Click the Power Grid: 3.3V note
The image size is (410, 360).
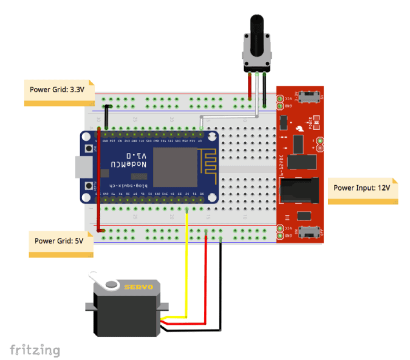[57, 90]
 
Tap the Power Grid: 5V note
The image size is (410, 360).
[60, 242]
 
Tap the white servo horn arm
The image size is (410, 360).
[102, 279]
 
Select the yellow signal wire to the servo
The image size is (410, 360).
[187, 264]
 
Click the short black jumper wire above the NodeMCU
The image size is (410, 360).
[107, 117]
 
